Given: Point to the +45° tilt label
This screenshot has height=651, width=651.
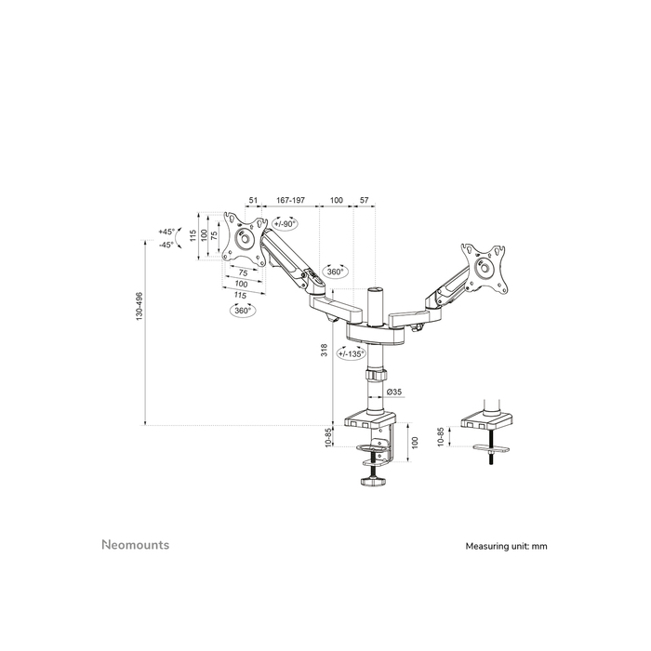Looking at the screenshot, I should tap(166, 232).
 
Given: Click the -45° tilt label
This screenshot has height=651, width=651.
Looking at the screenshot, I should tap(166, 245).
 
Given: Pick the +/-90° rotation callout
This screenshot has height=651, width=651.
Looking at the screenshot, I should tap(285, 224).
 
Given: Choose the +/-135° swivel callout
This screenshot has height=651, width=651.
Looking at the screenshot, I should tap(351, 353).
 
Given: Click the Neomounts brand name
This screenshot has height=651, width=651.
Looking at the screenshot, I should tap(135, 545).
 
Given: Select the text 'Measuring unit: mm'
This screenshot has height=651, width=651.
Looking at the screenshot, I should tap(506, 546).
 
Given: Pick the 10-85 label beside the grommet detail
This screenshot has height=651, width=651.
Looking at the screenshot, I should tap(442, 436).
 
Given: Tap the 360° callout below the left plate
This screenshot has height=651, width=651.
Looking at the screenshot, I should tap(243, 311).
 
